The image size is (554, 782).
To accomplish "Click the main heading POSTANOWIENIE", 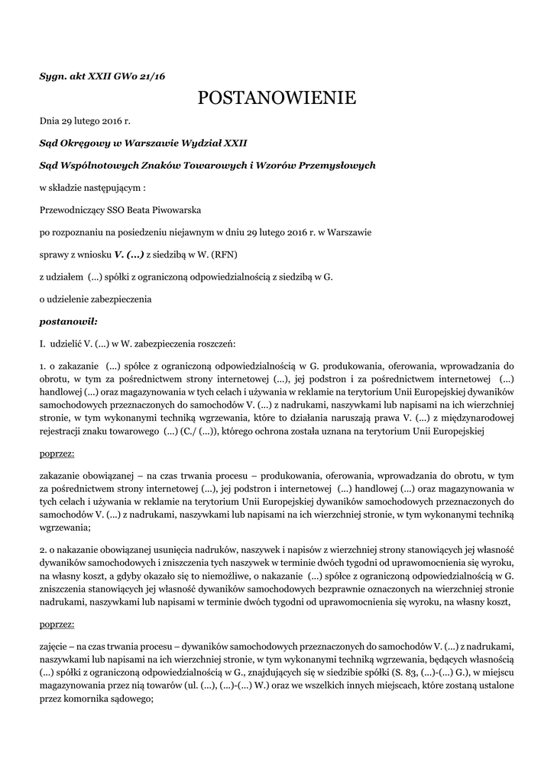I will point(277,98).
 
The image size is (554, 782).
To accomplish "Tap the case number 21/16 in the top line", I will point(152,76).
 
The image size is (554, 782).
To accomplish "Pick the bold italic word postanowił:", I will point(69,322).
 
